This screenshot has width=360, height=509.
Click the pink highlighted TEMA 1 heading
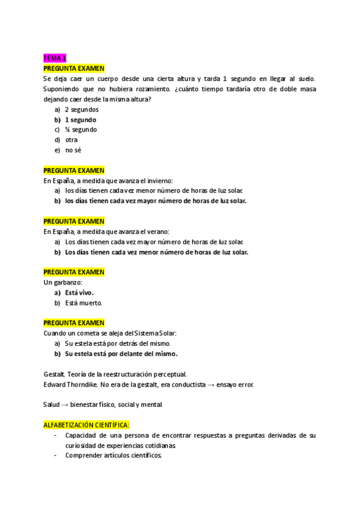coord(55,58)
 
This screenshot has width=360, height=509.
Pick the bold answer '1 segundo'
coord(80,119)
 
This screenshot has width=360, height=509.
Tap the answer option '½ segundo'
coord(80,130)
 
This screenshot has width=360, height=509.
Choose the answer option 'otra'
coord(71,140)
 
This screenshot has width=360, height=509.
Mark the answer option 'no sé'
coord(73,150)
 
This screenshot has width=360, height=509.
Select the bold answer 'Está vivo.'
coord(79,292)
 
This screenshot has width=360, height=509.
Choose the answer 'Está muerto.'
coord(83,303)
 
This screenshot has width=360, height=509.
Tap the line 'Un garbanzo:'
coord(63,282)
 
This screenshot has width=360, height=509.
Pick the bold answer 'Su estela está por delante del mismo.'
coord(121,354)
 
